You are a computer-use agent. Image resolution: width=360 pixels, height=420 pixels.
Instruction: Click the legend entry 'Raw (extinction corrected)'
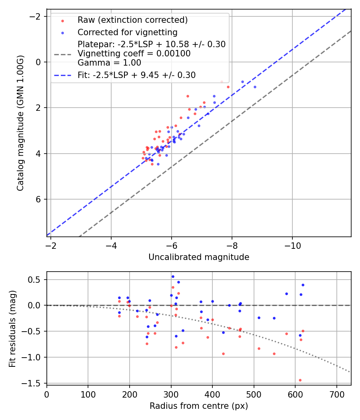point(132,20)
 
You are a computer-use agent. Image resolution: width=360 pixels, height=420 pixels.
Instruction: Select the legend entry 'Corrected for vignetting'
point(128,32)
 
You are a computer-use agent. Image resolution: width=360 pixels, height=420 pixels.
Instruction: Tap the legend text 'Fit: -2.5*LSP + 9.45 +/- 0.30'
point(136,75)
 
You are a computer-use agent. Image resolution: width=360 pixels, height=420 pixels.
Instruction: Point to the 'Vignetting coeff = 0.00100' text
point(134,54)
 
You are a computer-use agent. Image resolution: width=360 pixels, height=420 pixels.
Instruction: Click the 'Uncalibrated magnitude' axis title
point(199,257)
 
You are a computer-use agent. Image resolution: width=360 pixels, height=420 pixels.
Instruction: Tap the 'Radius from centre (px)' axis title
point(199,406)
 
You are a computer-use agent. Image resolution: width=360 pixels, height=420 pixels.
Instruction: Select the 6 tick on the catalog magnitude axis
point(39,199)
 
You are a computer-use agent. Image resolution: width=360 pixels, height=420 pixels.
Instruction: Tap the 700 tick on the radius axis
point(336,394)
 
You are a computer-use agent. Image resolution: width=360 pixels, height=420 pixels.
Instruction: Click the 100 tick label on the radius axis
point(88,394)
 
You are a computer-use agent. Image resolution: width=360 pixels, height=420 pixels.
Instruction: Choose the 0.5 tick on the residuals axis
point(36,280)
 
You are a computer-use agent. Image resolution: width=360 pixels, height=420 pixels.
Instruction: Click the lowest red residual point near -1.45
point(300,380)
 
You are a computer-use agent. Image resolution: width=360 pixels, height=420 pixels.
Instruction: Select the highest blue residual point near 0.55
point(173,276)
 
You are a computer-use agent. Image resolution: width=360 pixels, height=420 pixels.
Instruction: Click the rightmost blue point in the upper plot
point(255,87)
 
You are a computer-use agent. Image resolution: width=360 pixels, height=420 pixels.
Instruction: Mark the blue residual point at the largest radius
point(303,285)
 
